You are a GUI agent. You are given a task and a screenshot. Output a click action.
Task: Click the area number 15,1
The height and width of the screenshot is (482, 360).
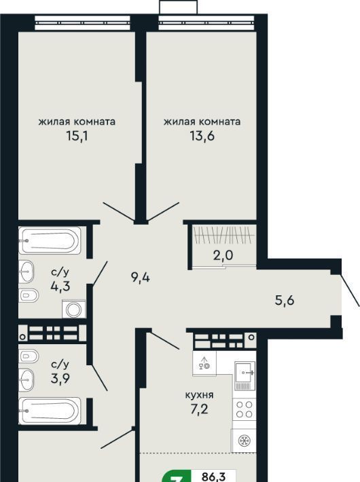click(77, 136)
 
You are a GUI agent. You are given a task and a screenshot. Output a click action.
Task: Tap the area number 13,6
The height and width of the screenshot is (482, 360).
click(202, 136)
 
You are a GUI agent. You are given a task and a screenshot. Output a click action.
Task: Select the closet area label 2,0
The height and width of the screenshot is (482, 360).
click(223, 255)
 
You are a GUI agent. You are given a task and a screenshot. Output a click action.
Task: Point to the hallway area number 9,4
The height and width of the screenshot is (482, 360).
click(141, 278)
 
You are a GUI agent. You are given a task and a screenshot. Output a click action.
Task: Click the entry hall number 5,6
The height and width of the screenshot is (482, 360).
click(285, 300)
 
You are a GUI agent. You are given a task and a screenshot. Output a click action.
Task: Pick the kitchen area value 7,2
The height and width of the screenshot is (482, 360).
click(199, 409)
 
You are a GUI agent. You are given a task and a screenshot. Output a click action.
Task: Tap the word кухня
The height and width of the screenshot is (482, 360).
click(200, 394)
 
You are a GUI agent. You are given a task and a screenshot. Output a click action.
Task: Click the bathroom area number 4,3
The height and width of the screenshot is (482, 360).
click(60, 286)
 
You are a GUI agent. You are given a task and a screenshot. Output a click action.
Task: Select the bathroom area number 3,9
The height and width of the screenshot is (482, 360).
click(60, 378)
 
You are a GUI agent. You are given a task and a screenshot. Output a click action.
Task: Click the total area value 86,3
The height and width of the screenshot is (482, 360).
click(213, 477)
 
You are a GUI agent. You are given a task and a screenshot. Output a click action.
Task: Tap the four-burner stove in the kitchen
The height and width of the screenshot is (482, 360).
click(245, 409)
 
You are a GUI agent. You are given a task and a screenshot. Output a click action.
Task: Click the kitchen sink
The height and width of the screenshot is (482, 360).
click(245, 375)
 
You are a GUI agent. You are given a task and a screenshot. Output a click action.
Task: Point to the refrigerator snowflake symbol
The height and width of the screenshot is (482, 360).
click(245, 441)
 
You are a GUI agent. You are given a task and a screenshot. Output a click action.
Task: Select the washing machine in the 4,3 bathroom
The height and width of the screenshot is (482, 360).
click(74, 309)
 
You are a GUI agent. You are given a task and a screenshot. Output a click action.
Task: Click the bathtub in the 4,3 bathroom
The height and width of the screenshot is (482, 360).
click(50, 240)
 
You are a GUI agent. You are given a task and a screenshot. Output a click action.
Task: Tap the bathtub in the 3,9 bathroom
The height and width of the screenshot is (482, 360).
click(50, 411)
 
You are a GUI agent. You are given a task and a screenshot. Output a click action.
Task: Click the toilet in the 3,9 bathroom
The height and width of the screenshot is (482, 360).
click(29, 356)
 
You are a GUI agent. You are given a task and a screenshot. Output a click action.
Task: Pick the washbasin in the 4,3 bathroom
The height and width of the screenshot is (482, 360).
click(26, 272)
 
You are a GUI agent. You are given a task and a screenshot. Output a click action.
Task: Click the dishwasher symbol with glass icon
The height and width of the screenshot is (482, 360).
click(204, 363)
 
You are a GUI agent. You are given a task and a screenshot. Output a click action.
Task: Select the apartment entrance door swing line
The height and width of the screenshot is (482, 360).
click(350, 291)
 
